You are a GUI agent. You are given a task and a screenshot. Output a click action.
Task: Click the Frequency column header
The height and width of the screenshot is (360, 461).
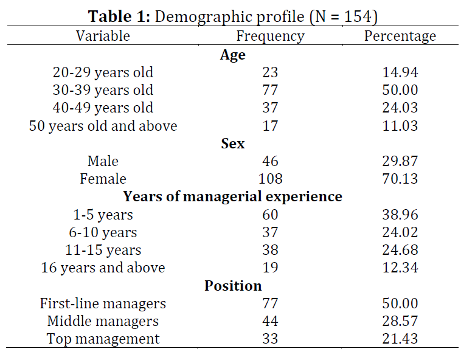pos(271,36)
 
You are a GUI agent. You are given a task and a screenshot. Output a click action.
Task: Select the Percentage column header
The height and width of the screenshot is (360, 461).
pos(400,36)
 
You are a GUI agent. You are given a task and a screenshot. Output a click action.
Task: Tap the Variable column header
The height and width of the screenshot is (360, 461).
pos(103,36)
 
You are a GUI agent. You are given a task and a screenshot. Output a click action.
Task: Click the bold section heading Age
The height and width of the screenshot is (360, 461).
pos(232,55)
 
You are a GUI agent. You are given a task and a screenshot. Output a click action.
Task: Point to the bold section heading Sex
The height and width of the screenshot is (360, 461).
pos(232,144)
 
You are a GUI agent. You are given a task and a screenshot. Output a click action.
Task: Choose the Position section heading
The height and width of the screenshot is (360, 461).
pos(233,286)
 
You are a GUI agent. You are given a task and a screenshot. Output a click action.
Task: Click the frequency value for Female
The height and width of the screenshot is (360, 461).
pos(271,179)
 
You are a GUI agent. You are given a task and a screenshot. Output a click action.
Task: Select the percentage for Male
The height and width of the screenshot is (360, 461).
pos(400,161)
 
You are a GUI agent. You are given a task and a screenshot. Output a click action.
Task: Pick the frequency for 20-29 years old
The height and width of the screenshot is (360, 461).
pos(270,72)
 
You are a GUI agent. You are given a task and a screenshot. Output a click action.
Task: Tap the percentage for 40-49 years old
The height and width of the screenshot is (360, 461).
pos(400,108)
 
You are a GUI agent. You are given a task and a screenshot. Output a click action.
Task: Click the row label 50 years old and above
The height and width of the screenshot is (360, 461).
pos(103,126)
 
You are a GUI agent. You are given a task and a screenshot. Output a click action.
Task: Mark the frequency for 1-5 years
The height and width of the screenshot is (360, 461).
pos(270,215)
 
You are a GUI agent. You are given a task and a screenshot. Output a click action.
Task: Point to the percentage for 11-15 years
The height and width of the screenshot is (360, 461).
pos(400,250)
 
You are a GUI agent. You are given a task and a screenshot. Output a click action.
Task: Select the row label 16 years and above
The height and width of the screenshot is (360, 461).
pos(103,268)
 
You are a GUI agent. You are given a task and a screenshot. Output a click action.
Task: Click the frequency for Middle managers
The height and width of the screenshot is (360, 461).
pos(270,321)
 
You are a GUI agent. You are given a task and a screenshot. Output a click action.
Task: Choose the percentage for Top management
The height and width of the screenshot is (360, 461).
pos(400,339)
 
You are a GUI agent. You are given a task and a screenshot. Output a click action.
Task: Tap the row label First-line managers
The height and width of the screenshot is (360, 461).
pos(103,304)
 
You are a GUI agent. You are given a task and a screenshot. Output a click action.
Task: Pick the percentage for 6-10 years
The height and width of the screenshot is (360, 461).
pos(400,232)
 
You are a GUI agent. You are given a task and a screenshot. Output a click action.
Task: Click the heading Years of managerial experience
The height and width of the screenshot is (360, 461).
pos(232,197)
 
